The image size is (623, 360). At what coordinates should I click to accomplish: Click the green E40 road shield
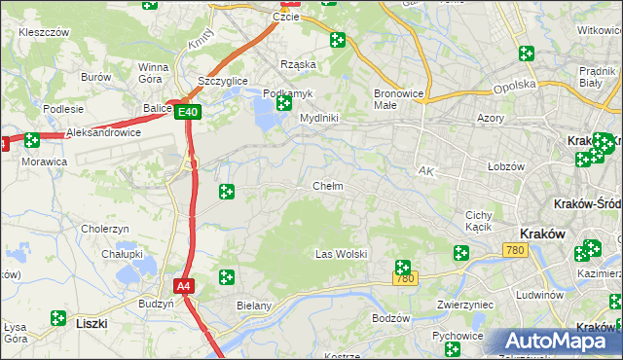point(189,113)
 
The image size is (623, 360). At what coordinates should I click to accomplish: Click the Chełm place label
point(327,186)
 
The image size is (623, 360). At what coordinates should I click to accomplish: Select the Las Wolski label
point(341,254)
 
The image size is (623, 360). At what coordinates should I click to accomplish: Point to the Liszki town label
point(91,321)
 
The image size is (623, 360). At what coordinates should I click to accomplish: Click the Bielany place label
point(254,306)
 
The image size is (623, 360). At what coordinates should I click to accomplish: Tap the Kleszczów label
point(44,32)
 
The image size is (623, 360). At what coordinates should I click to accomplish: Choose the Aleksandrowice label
point(103,132)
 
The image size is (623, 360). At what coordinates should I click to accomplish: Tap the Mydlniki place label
point(318,118)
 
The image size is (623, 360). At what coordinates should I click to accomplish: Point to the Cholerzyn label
point(105,229)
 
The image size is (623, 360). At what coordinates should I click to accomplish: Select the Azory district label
point(490,117)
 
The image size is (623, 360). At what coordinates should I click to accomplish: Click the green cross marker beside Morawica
point(32,140)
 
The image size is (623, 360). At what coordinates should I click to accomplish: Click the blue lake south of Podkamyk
point(265,119)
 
